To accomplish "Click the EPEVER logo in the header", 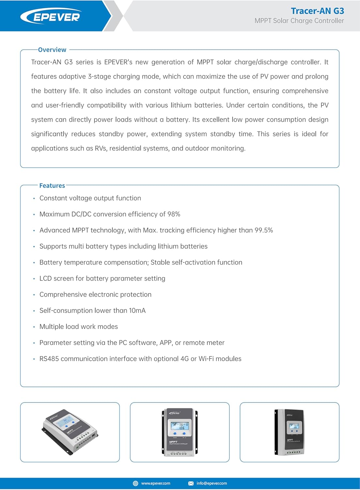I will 51,17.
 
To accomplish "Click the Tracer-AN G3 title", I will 317,11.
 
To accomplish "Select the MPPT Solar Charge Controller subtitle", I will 299,21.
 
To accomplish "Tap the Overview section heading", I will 52,50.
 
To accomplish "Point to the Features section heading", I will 52,186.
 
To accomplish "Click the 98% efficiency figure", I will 174,214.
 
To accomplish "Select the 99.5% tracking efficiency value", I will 264,230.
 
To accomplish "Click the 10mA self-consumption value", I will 137,311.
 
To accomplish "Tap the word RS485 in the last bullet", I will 49,359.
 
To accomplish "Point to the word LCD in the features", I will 45,279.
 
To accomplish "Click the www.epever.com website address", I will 156,483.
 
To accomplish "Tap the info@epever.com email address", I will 211,483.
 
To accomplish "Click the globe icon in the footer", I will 135,483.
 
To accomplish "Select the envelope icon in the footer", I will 191,483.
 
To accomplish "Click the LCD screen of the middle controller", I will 180,426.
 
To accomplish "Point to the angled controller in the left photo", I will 70,431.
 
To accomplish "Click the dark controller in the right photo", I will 290,432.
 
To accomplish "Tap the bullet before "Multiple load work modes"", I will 34,327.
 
